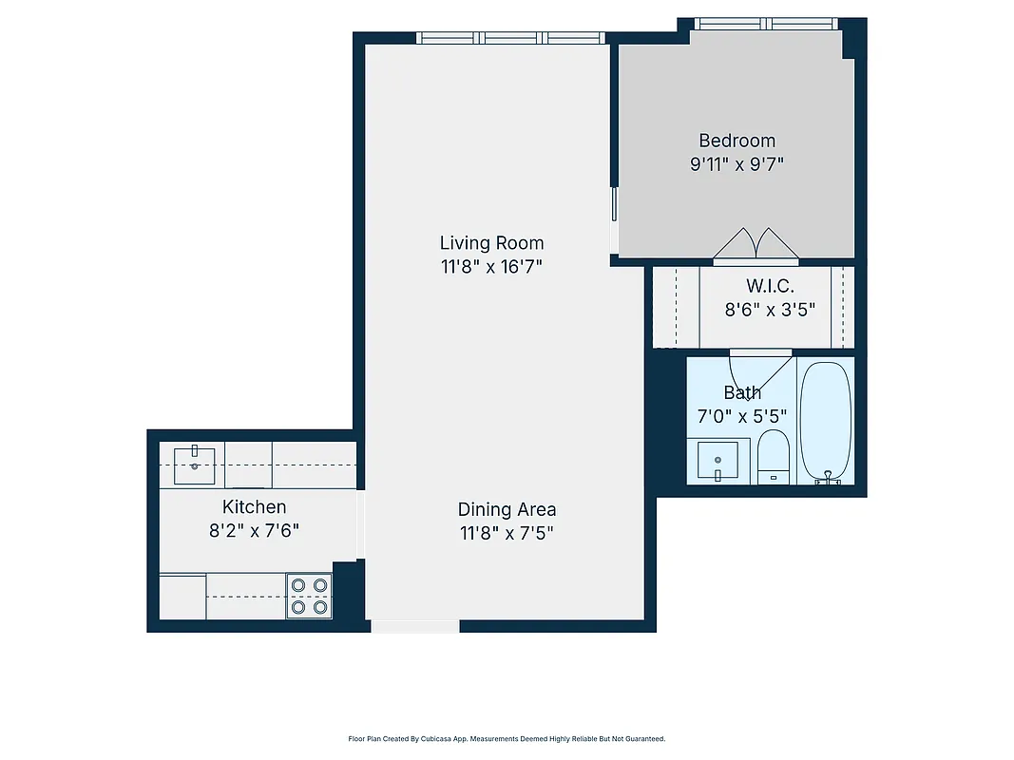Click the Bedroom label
point(737,141)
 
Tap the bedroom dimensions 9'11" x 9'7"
point(737,163)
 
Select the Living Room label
point(491,242)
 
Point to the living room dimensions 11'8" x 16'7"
point(491,267)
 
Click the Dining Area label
point(507,509)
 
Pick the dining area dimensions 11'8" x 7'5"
point(507,533)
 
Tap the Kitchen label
point(254,506)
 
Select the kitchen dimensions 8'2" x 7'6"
point(254,530)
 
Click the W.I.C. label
point(770,285)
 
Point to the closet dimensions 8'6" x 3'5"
point(770,309)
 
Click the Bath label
point(742,392)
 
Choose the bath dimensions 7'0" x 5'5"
point(742,415)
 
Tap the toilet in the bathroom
point(774,457)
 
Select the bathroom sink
point(718,461)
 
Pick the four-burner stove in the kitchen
point(309,596)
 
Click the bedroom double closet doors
point(756,244)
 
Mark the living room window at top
point(511,38)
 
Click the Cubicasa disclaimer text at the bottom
point(507,738)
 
